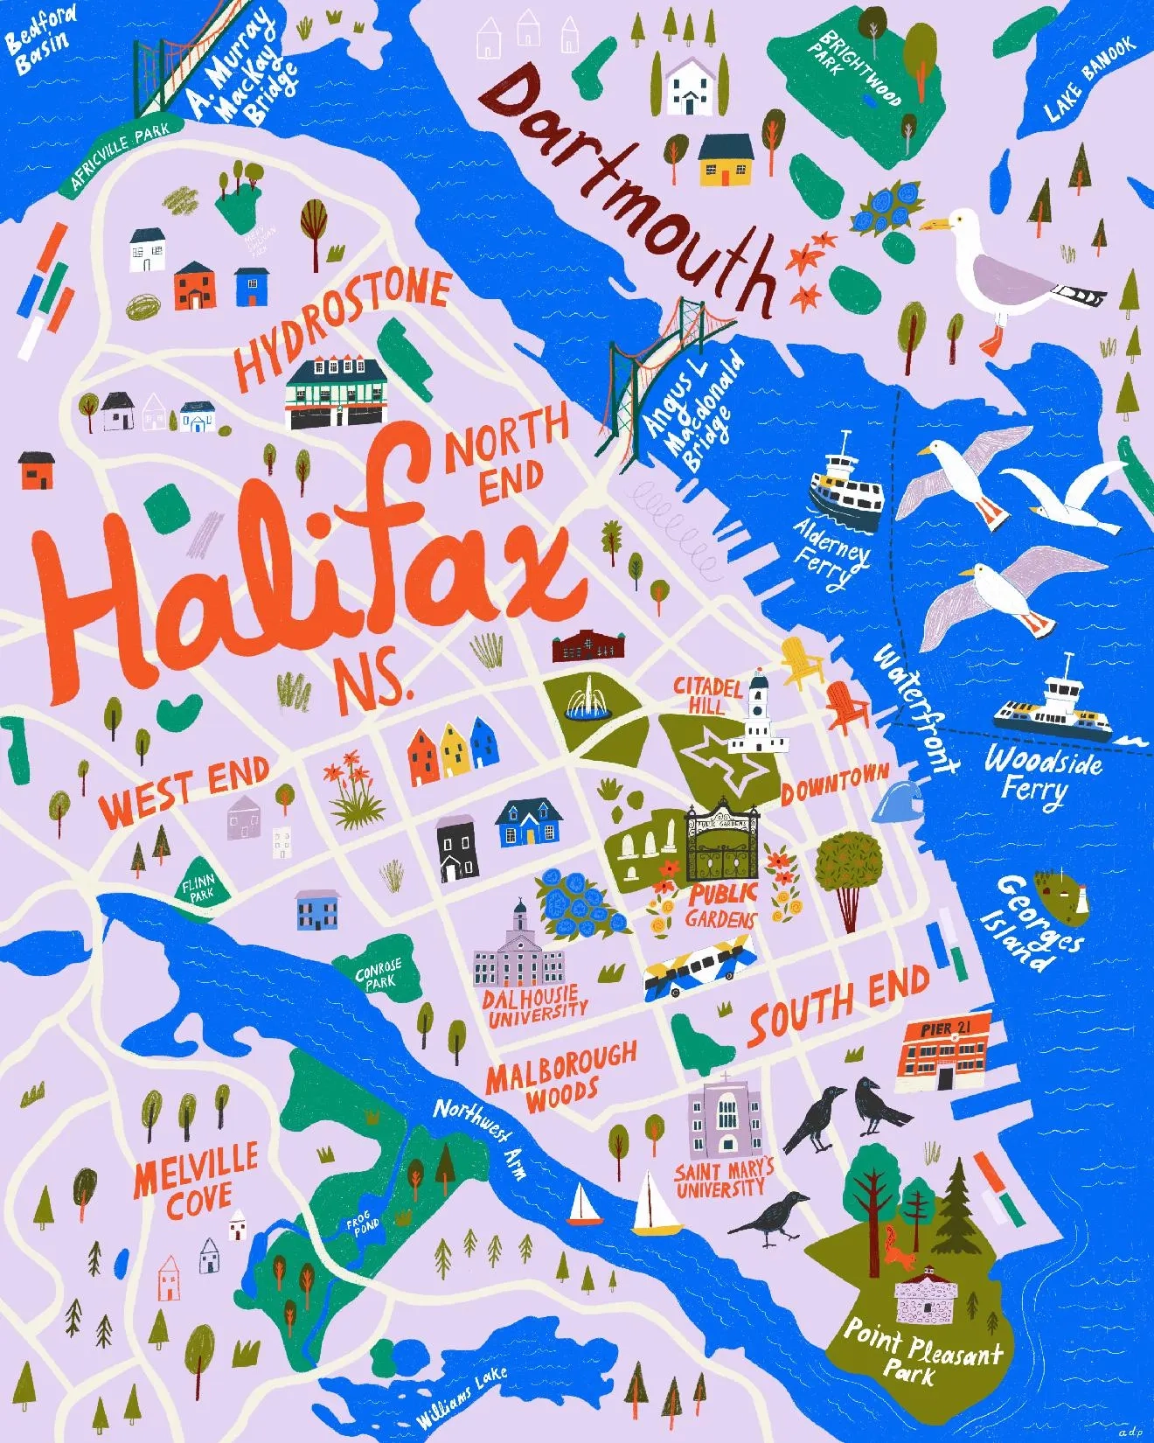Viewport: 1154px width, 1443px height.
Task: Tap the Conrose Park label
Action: (378, 973)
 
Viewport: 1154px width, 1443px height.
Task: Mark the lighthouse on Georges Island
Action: (1081, 898)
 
